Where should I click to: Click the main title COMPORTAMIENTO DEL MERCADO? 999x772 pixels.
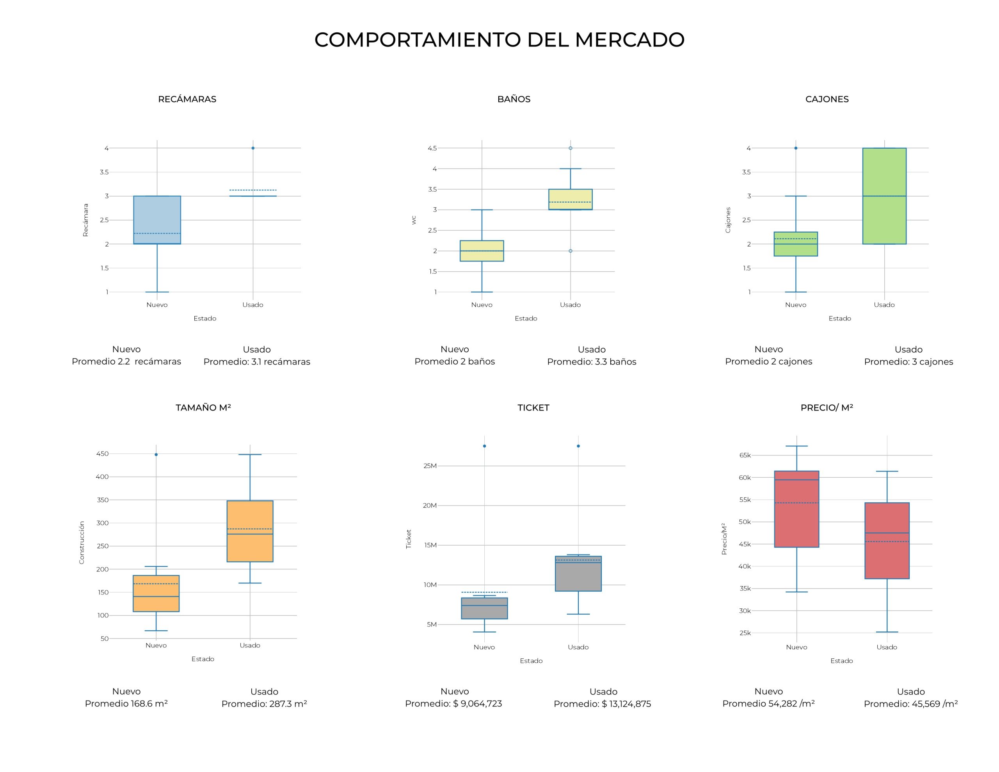pos(499,39)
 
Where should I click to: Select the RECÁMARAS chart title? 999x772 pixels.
pos(187,99)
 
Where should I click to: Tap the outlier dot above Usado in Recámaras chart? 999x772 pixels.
pos(253,148)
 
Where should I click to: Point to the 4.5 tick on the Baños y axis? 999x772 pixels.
pos(432,148)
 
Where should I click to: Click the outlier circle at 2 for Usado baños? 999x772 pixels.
pos(571,251)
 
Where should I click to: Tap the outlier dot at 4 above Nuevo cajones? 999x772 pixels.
pos(796,148)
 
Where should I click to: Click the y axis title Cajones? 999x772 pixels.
pos(728,220)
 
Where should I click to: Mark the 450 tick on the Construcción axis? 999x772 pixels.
pos(103,454)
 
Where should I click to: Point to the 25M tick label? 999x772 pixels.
pos(430,466)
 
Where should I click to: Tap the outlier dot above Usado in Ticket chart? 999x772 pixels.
pos(578,446)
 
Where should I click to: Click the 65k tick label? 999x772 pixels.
pos(745,455)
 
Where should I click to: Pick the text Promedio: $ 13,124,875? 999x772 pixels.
pos(602,704)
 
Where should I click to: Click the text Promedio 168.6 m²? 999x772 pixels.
pos(126,704)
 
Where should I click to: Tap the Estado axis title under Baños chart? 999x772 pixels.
pos(526,318)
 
